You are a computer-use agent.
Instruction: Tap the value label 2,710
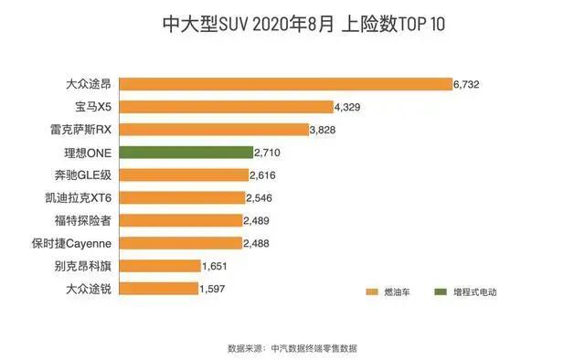coord(267,153)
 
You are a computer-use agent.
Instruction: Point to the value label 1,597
coord(211,289)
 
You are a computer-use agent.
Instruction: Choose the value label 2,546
coord(259,197)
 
